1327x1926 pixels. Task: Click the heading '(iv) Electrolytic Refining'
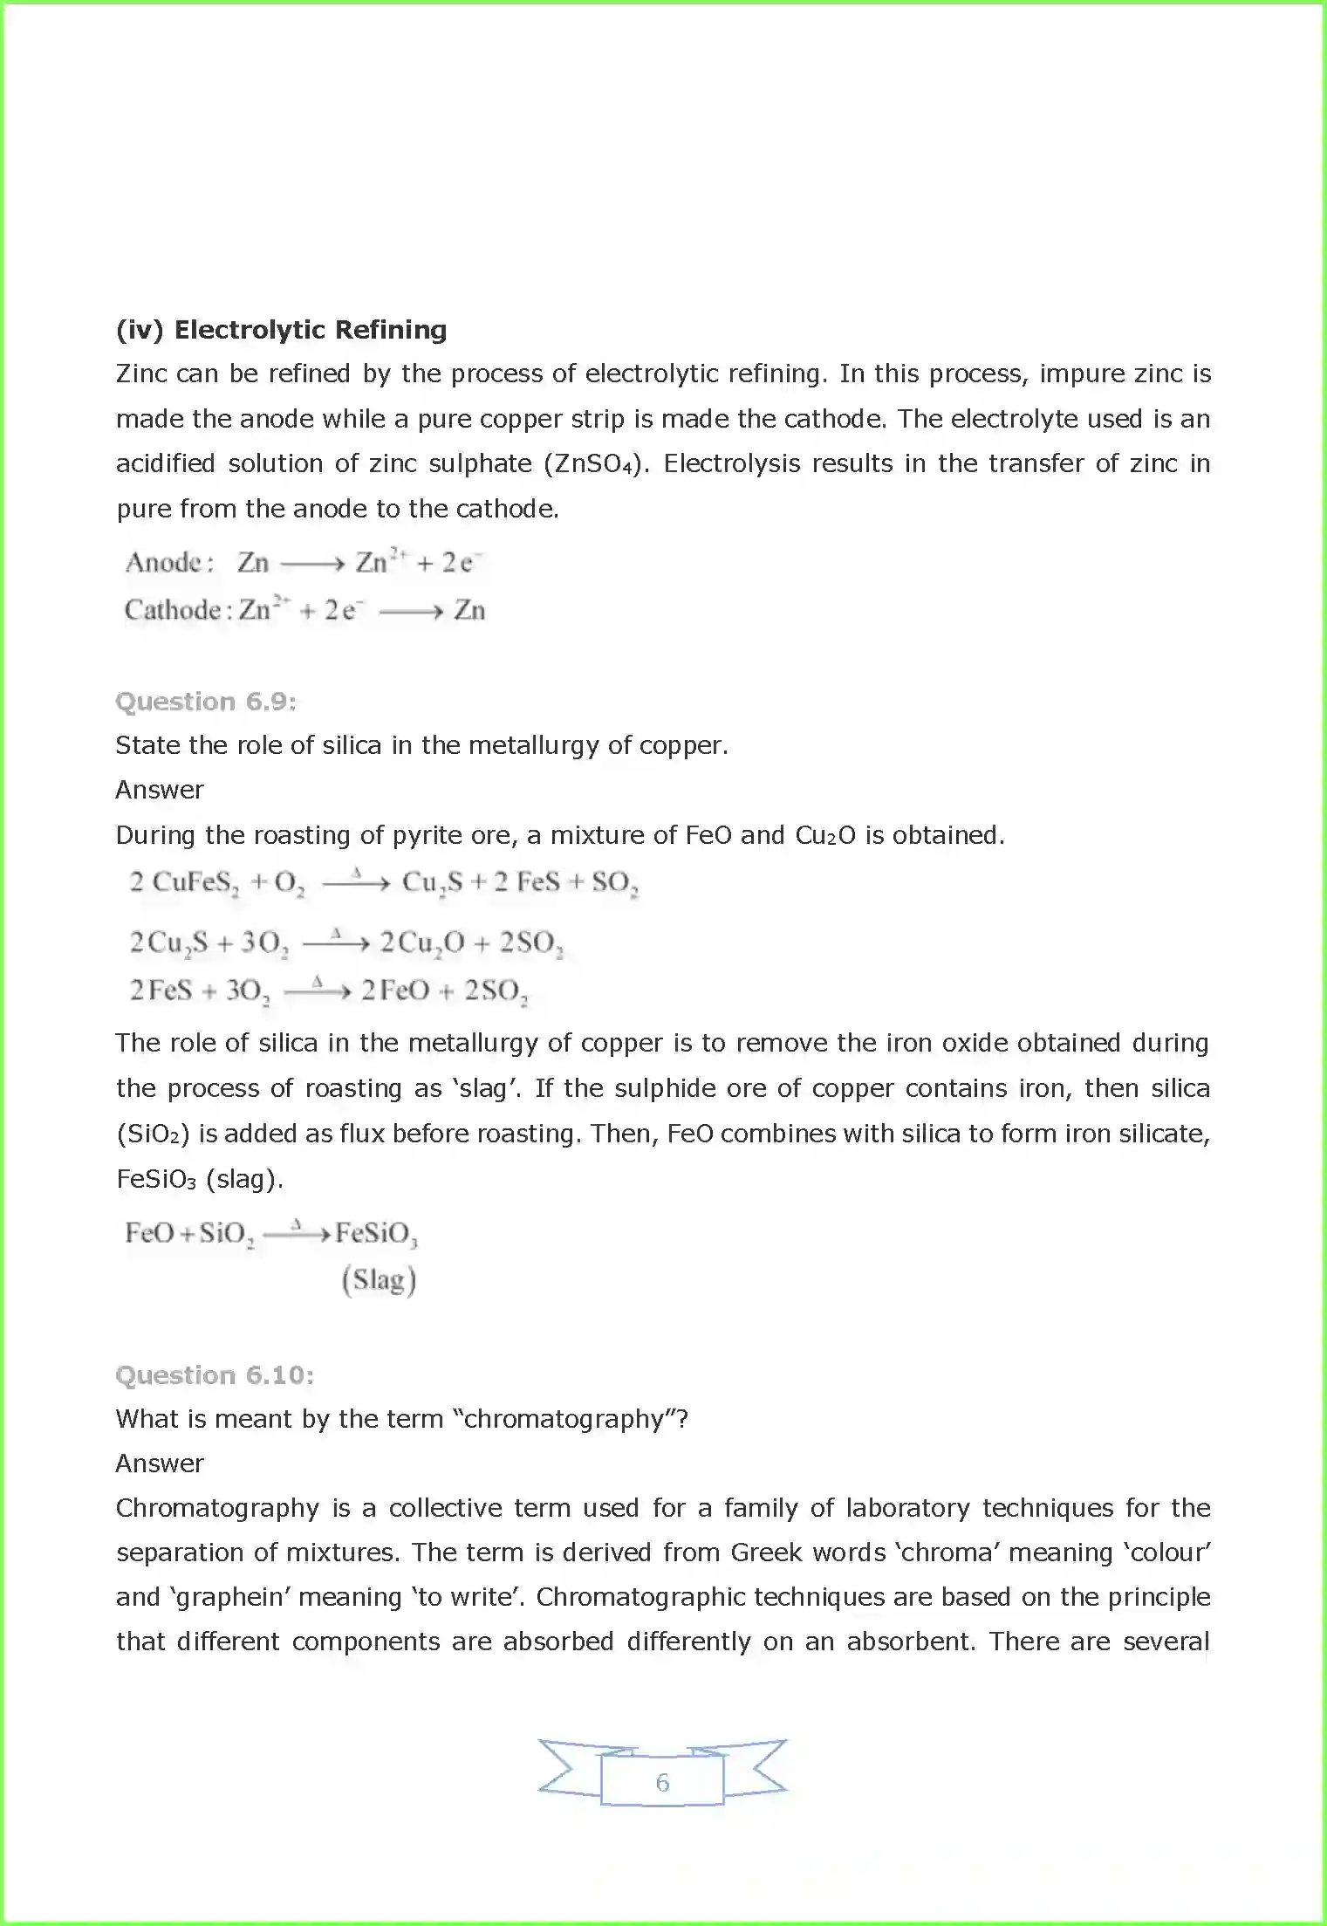pos(281,330)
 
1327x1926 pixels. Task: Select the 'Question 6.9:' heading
pos(206,702)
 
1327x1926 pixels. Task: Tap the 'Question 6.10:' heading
pos(215,1375)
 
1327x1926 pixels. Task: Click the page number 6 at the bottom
pos(662,1782)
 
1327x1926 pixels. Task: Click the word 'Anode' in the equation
pos(164,562)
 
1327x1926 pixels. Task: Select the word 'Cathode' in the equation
pos(173,609)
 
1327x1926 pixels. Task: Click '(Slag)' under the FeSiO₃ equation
pos(379,1280)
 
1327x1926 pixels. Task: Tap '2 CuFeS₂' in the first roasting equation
pos(184,882)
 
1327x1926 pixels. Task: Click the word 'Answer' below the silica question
pos(160,790)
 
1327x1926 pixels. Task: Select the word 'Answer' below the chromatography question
pos(160,1463)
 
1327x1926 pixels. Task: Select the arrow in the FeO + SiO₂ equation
pos(297,1234)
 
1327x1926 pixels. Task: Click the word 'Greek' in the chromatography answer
pos(766,1552)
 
